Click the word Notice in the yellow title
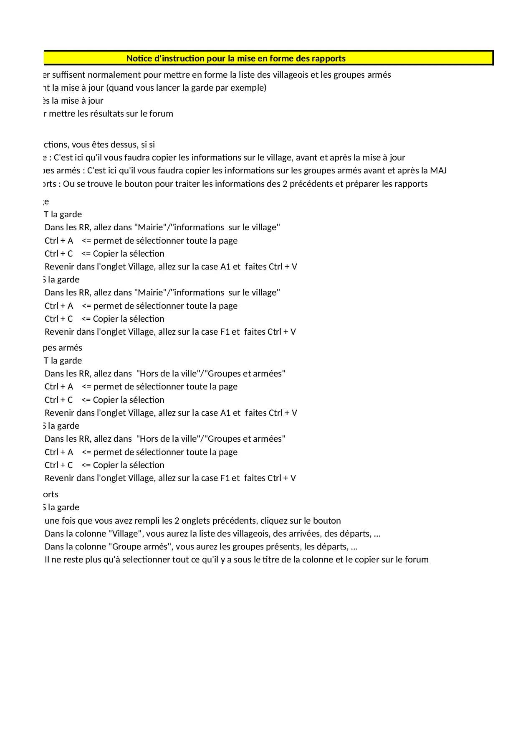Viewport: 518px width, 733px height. (x=139, y=59)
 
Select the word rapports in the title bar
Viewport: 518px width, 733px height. (x=328, y=59)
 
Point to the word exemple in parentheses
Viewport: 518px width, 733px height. (x=248, y=88)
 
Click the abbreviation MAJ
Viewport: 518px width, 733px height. (x=438, y=171)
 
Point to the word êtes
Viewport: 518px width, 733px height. (x=101, y=145)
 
